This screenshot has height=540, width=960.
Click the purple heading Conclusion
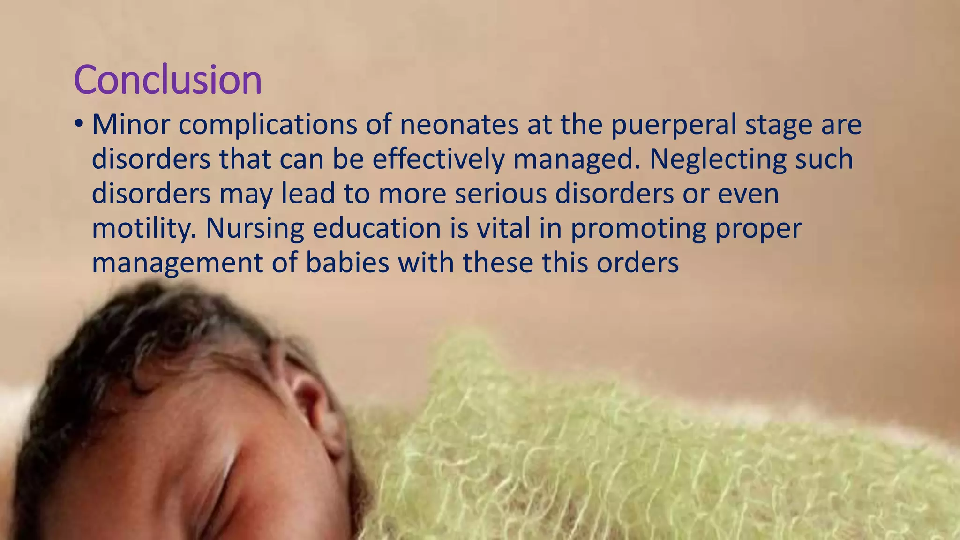pyautogui.click(x=167, y=80)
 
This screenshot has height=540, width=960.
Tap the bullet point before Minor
pyautogui.click(x=78, y=124)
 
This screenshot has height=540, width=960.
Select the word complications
pyautogui.click(x=268, y=126)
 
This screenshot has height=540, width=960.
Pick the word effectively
pyautogui.click(x=438, y=159)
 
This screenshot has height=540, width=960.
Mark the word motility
pyautogui.click(x=144, y=228)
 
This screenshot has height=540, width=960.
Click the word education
pyautogui.click(x=377, y=228)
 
